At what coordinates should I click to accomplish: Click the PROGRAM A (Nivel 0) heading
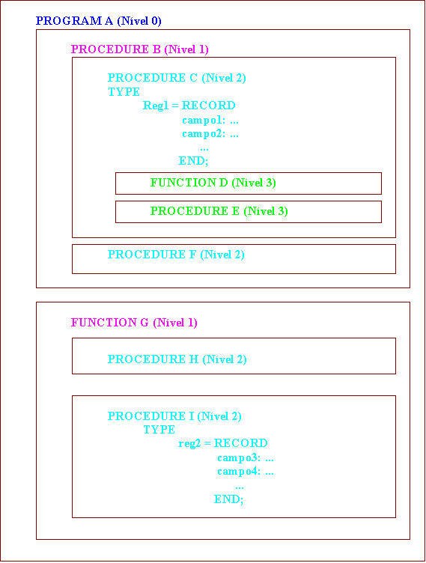(x=98, y=21)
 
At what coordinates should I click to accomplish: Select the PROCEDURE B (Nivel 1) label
(x=140, y=49)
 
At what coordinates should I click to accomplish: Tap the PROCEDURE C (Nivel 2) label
(x=177, y=78)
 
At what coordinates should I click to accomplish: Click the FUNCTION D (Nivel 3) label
(x=213, y=183)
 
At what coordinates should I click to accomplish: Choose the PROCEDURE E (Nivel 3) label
(x=219, y=211)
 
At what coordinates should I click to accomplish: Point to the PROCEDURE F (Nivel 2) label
(x=176, y=255)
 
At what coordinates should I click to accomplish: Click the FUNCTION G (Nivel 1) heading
(x=134, y=323)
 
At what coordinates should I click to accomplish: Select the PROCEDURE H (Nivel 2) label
(x=177, y=359)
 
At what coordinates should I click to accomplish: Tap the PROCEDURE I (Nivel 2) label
(x=174, y=416)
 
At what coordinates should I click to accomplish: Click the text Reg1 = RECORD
(x=189, y=106)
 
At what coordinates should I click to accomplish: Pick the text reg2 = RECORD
(x=223, y=443)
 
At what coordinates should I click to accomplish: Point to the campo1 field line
(x=210, y=120)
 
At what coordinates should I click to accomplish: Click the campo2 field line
(x=210, y=133)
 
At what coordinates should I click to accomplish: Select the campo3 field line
(x=246, y=457)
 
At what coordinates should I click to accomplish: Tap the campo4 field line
(x=246, y=471)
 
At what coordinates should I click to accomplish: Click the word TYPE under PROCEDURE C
(x=124, y=92)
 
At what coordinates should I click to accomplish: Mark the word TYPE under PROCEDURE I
(x=159, y=430)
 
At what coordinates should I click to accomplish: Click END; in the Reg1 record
(x=194, y=161)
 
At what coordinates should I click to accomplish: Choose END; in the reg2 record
(x=229, y=499)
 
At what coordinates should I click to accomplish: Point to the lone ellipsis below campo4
(x=240, y=487)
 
